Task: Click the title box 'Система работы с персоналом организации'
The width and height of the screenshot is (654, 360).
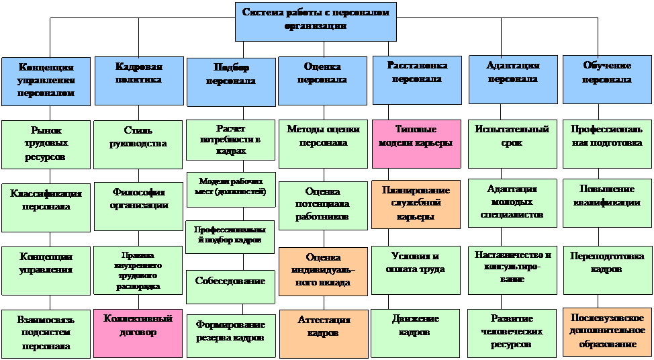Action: (x=316, y=21)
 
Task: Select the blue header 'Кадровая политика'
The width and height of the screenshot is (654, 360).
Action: (x=139, y=80)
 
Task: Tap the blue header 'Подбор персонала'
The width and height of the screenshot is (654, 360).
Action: (x=231, y=81)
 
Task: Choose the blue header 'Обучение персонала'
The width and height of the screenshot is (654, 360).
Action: (x=606, y=79)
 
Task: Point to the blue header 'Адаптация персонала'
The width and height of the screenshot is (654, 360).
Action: (x=512, y=79)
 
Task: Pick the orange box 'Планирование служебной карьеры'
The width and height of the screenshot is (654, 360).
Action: (x=416, y=203)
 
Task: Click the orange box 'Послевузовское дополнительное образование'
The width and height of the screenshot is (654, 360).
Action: (x=606, y=332)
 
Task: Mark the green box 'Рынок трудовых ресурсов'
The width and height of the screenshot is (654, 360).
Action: (x=46, y=144)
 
